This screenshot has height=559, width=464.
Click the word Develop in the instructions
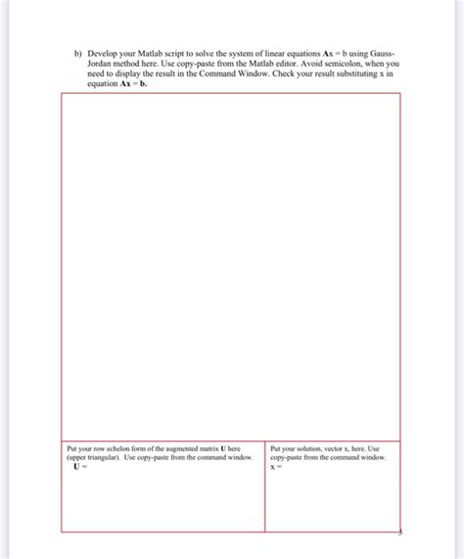(106, 53)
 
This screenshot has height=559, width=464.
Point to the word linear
(293, 53)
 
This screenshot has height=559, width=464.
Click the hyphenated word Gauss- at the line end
(385, 53)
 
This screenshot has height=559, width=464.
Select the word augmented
(185, 448)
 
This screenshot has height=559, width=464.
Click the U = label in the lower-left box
(79, 467)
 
